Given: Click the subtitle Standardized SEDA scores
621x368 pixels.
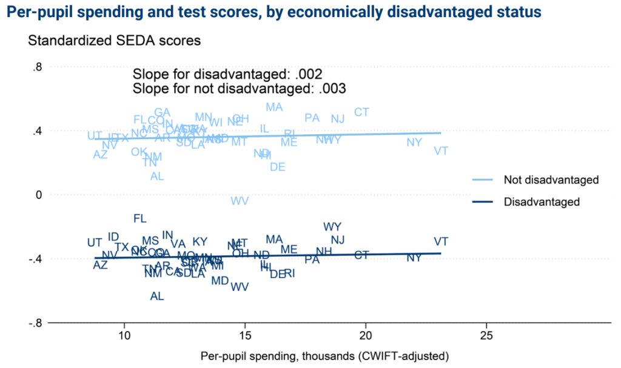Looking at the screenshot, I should click(x=114, y=41).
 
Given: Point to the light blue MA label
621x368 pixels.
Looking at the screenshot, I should click(x=274, y=107).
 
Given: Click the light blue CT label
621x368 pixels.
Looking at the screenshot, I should click(x=361, y=112).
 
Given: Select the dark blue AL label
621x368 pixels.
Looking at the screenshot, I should click(x=157, y=296).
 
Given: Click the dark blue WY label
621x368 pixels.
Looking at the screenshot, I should click(x=332, y=227).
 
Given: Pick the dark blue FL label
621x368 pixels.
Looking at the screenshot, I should click(x=140, y=218).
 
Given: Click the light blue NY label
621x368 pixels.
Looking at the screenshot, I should click(x=414, y=142).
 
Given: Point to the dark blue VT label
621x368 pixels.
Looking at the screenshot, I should click(x=441, y=241).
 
